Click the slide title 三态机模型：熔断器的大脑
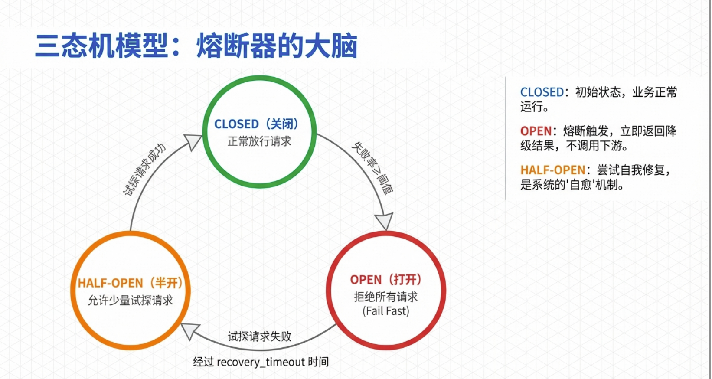click(196, 46)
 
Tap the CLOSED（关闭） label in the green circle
click(256, 124)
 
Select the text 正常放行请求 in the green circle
click(259, 141)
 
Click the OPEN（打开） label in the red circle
click(385, 280)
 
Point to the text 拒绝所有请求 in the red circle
click(385, 297)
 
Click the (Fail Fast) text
click(385, 311)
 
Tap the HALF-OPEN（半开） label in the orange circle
click(130, 283)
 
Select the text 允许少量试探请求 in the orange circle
click(130, 300)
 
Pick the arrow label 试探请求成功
click(145, 170)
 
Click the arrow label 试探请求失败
click(259, 337)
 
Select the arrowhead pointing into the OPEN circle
click(384, 221)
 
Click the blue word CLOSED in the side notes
click(542, 92)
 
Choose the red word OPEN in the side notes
click(536, 131)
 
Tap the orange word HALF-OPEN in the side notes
click(552, 170)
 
